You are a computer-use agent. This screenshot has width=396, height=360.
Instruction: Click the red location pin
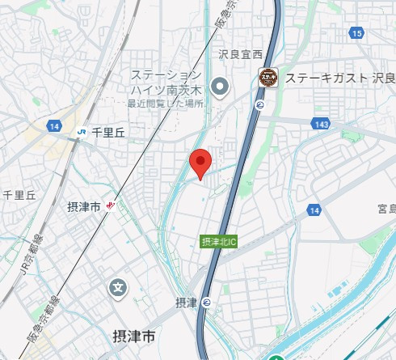coord(200,163)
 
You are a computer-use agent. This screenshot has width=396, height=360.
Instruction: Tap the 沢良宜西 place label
coord(241,54)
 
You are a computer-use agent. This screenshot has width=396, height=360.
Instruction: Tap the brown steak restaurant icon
coord(268,78)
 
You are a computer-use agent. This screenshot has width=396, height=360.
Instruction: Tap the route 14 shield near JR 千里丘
coord(54,127)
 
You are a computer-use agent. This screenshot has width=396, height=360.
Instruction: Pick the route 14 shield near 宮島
coord(314,210)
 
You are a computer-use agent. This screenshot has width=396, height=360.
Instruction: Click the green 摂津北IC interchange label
coord(218,241)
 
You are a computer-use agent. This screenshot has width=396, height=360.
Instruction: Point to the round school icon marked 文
coord(119,287)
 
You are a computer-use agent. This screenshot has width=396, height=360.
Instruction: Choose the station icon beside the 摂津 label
coord(207,302)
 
